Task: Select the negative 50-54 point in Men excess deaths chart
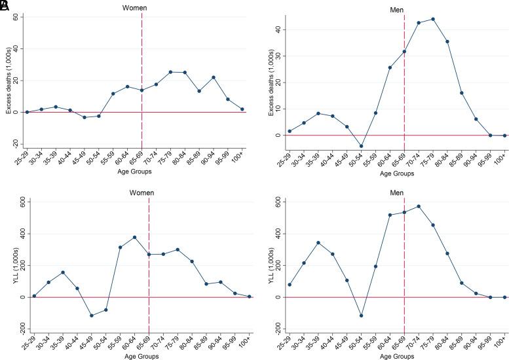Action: pos(361,146)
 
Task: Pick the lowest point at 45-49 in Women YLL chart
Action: pos(73,315)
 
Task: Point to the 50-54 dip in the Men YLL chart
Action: pos(361,315)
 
